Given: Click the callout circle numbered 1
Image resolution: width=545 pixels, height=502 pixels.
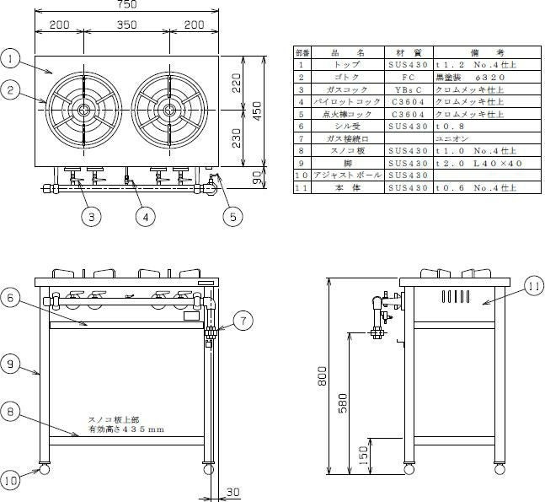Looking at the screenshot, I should pos(10,58).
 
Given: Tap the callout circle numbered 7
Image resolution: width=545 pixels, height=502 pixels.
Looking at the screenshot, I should pos(241,321).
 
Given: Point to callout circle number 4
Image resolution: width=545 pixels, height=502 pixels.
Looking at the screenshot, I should pos(146,217).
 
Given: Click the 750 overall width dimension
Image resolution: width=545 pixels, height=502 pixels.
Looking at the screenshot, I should pos(127,5).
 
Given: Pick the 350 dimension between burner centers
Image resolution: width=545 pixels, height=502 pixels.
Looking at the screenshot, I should pos(126,25).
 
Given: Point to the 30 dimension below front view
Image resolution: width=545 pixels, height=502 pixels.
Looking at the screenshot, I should pos(232,491).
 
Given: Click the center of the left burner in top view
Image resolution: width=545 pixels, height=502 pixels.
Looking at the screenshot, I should pos(83,110).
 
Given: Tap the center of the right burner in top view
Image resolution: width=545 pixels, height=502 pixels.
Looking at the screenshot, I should pos(168,110).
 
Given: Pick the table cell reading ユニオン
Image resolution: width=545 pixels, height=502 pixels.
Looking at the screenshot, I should pos(452,137).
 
